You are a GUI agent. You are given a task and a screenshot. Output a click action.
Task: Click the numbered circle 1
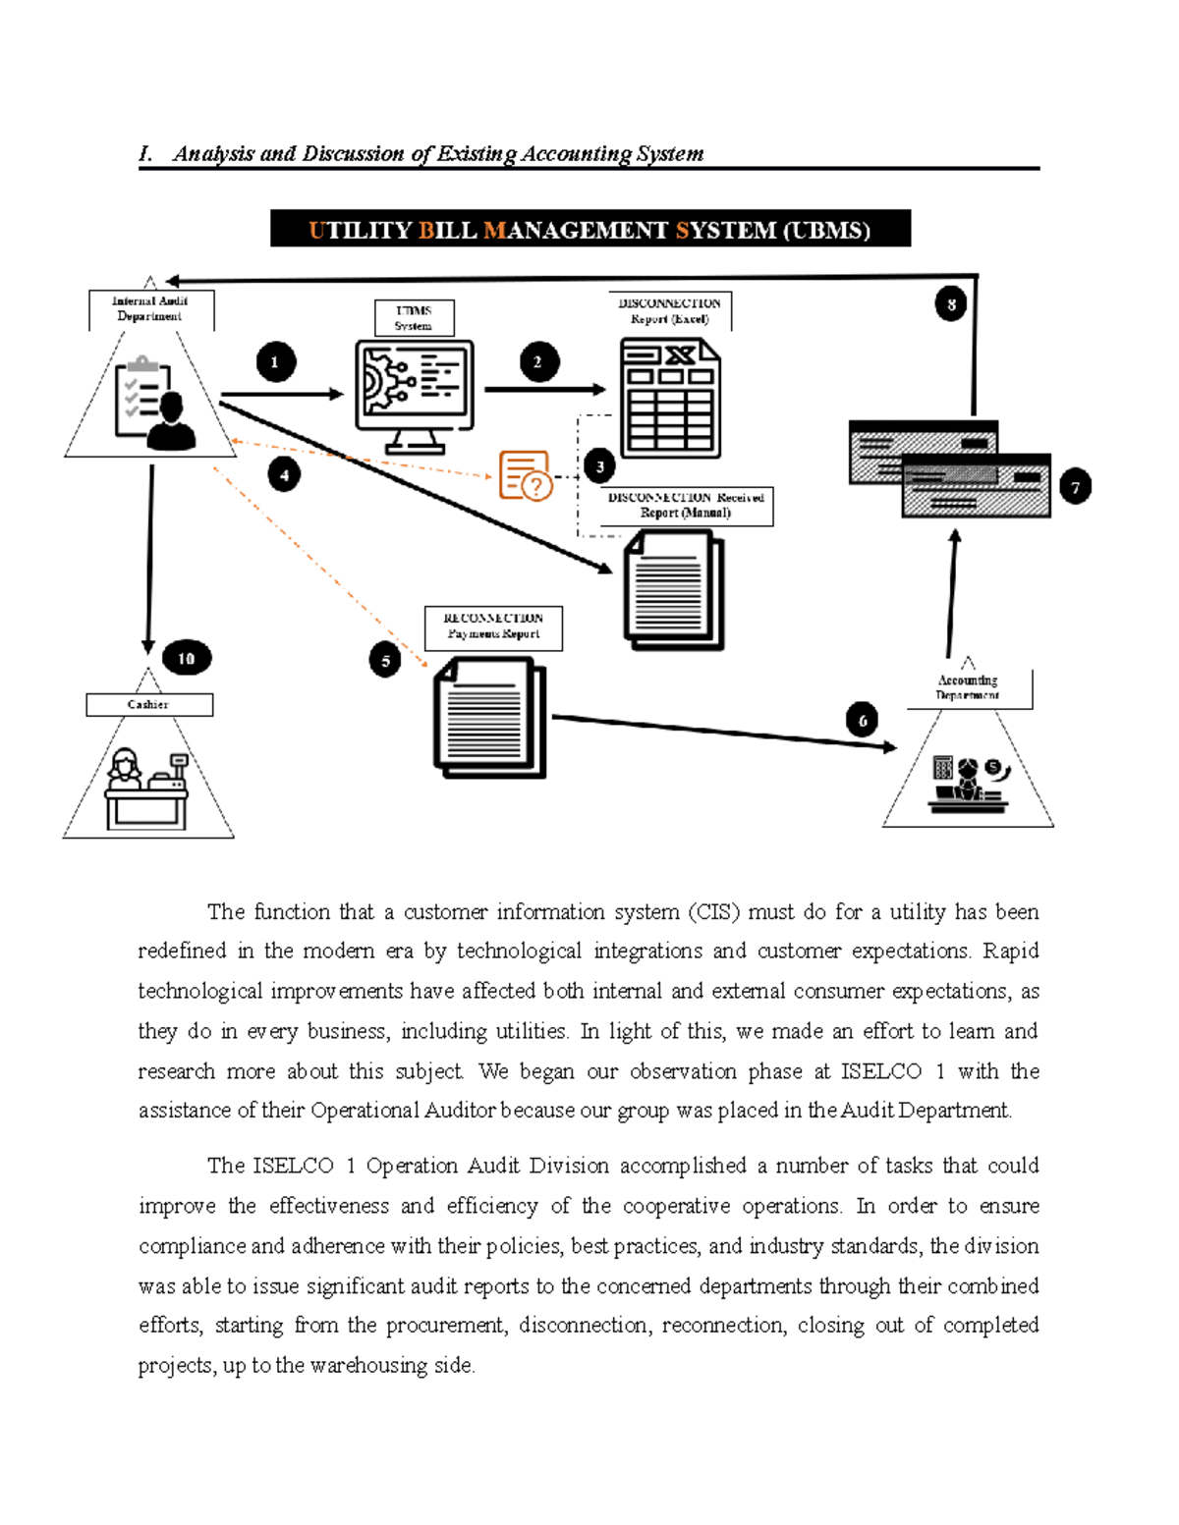[275, 362]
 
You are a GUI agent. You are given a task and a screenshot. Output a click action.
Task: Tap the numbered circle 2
[537, 362]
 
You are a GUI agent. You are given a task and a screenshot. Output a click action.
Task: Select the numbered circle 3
[599, 466]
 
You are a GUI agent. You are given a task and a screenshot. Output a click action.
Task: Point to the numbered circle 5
[385, 661]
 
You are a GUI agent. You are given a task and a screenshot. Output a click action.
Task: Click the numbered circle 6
[863, 721]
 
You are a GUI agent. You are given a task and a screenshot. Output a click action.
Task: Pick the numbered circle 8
[950, 304]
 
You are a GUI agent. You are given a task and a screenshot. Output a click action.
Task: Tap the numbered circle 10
[186, 658]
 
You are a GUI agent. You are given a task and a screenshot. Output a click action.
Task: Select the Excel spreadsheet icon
[670, 398]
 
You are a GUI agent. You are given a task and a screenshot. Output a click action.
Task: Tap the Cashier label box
[148, 704]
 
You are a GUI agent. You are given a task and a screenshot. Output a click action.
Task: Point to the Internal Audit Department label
[150, 308]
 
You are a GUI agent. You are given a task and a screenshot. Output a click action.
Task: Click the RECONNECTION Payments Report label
[493, 626]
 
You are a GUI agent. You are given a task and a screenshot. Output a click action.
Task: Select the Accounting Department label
[968, 687]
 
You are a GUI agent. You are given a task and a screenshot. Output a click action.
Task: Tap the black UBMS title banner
[589, 229]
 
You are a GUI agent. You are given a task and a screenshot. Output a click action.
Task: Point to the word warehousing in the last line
[369, 1365]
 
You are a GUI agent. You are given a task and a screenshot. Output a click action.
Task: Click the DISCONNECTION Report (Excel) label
[669, 310]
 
